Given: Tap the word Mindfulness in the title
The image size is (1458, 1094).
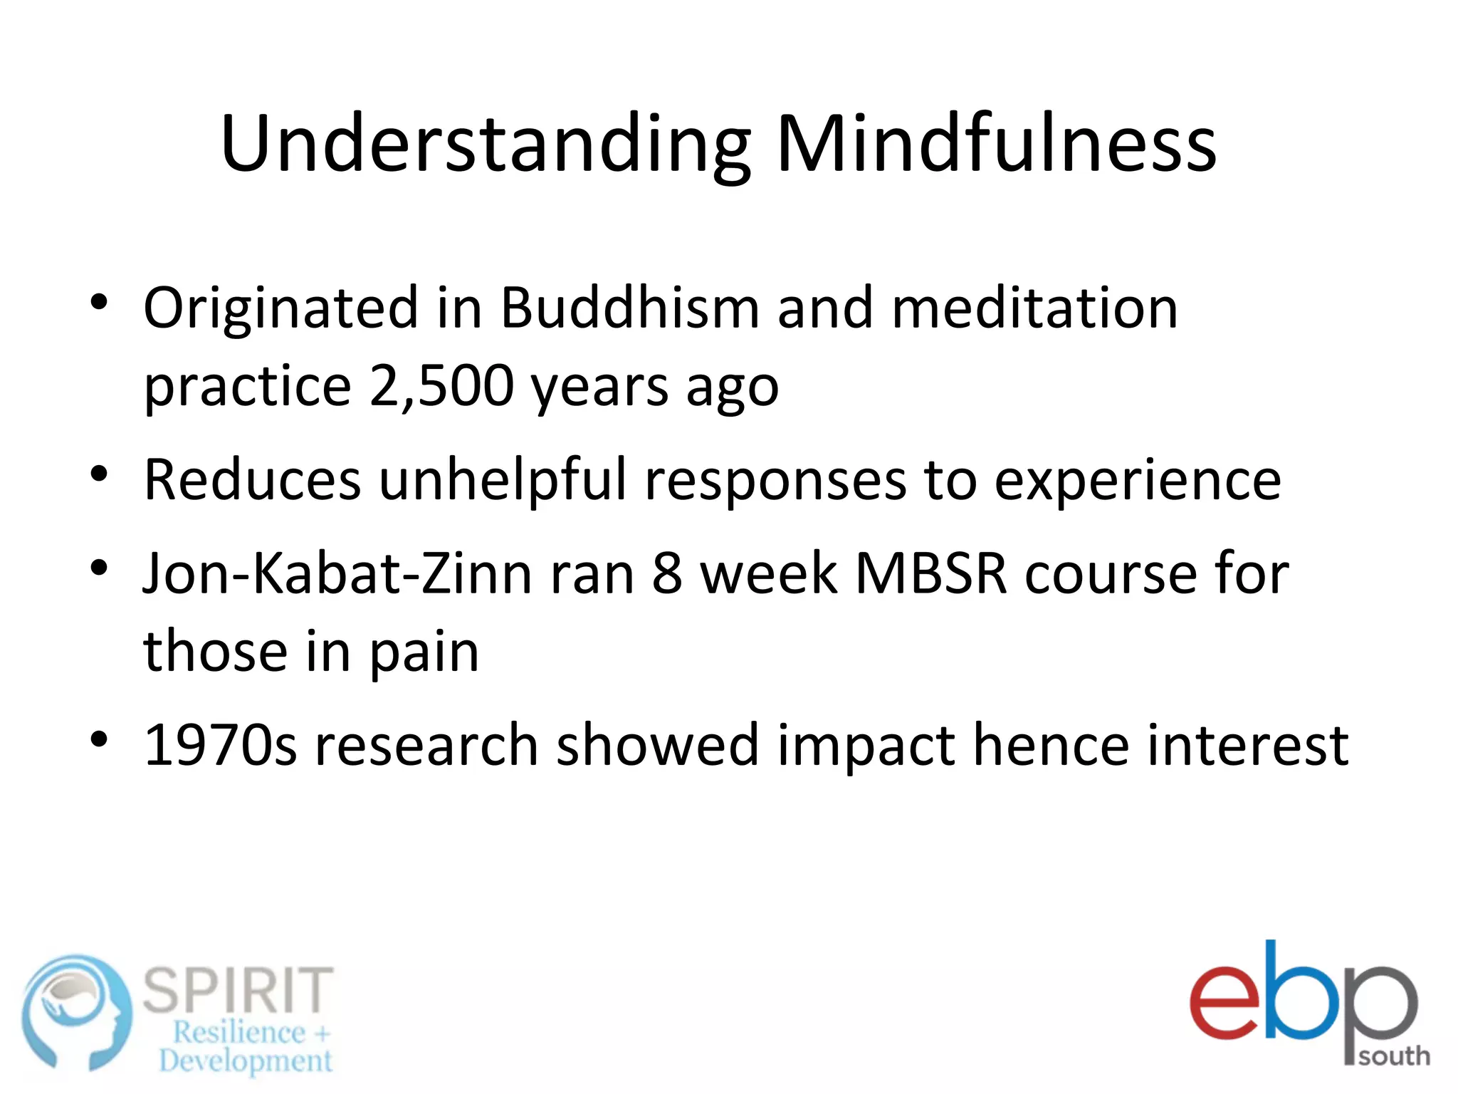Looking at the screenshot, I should pyautogui.click(x=996, y=145).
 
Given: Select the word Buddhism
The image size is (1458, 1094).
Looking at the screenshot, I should pyautogui.click(x=630, y=308).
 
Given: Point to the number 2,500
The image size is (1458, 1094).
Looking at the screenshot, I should pyautogui.click(x=441, y=386).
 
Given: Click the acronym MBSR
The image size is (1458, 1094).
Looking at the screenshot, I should pyautogui.click(x=930, y=574).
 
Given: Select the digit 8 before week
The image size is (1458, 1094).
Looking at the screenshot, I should pyautogui.click(x=667, y=574).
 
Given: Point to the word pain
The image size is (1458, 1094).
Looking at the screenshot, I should pyautogui.click(x=424, y=652).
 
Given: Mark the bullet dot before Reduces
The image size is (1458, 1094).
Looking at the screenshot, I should pyautogui.click(x=99, y=474).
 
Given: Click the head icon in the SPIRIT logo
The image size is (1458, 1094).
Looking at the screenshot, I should pyautogui.click(x=76, y=1013).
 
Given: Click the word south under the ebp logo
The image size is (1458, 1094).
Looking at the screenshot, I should pyautogui.click(x=1394, y=1056).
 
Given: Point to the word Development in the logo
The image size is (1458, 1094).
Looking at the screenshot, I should pyautogui.click(x=246, y=1061).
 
